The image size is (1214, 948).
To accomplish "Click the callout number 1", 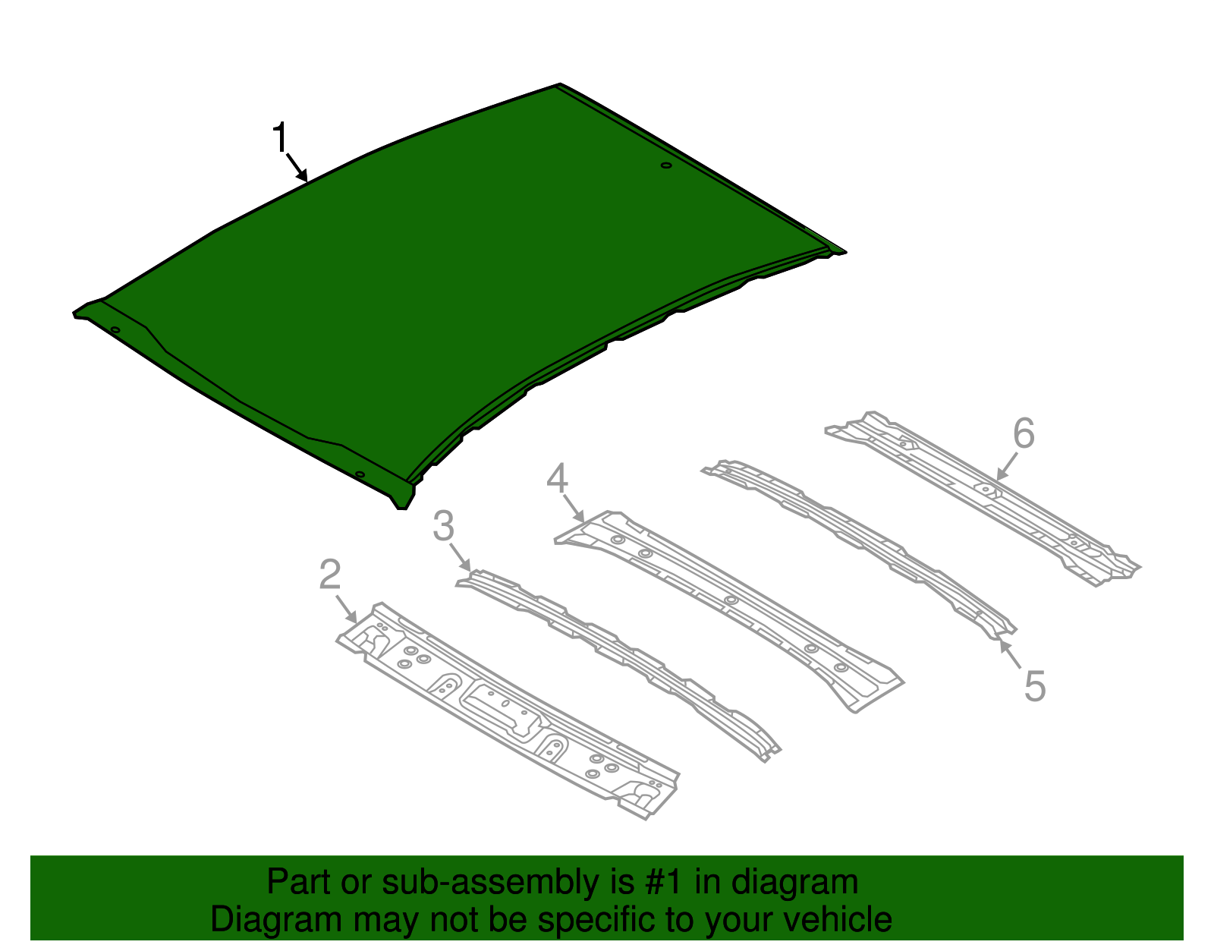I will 281,138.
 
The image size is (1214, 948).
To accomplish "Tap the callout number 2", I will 330,575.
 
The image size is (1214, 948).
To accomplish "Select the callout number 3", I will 444,526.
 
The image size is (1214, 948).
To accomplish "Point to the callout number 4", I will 558,478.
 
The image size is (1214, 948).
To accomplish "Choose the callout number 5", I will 1035,686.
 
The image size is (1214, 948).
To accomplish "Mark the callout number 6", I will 1024,434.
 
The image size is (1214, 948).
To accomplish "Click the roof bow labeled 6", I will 986,493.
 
